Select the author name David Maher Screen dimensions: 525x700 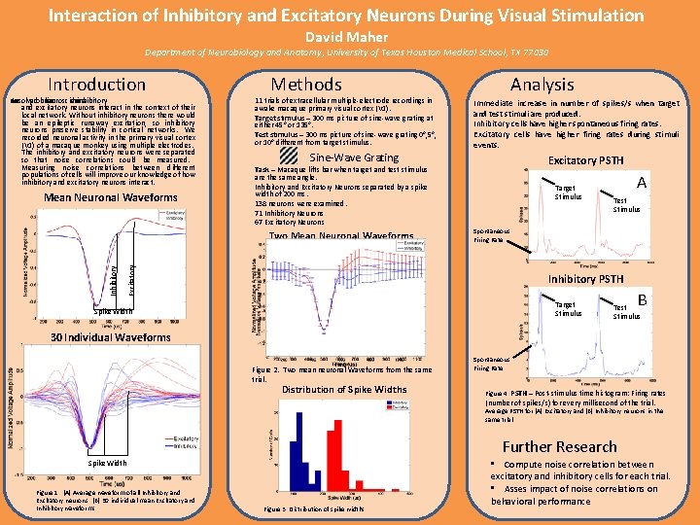coord(349,37)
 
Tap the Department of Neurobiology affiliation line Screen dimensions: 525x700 coord(349,54)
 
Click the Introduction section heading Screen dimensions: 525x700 coord(96,85)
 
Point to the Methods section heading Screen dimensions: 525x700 coord(306,85)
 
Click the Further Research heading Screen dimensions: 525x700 coord(559,446)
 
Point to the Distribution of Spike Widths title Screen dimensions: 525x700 coord(344,390)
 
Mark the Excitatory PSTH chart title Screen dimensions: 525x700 coord(585,160)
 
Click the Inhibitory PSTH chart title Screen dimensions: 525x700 coord(585,280)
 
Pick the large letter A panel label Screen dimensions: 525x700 coord(642,182)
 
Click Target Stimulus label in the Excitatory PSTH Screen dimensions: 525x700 coord(568,192)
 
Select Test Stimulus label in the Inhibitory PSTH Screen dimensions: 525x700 coord(626,310)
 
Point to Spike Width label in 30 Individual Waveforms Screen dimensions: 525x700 coord(109,463)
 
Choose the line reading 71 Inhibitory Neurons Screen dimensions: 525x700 coord(290,213)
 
